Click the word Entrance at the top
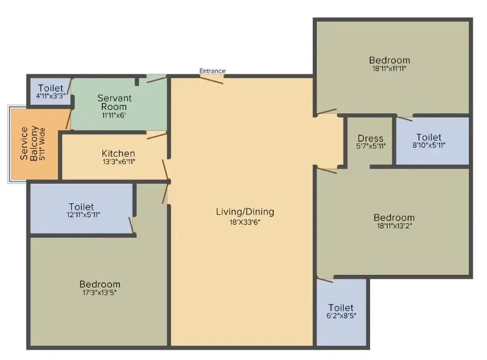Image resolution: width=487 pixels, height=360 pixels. [212, 71]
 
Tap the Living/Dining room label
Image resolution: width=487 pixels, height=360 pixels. [245, 212]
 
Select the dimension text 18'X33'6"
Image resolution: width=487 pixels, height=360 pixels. [245, 221]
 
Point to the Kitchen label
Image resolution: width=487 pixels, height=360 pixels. [118, 154]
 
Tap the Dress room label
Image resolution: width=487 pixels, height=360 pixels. [370, 139]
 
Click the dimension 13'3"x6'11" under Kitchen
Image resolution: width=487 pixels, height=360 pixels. [118, 162]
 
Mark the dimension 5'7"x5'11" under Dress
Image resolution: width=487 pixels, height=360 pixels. [370, 146]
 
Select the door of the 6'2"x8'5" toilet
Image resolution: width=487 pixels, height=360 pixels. [325, 280]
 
